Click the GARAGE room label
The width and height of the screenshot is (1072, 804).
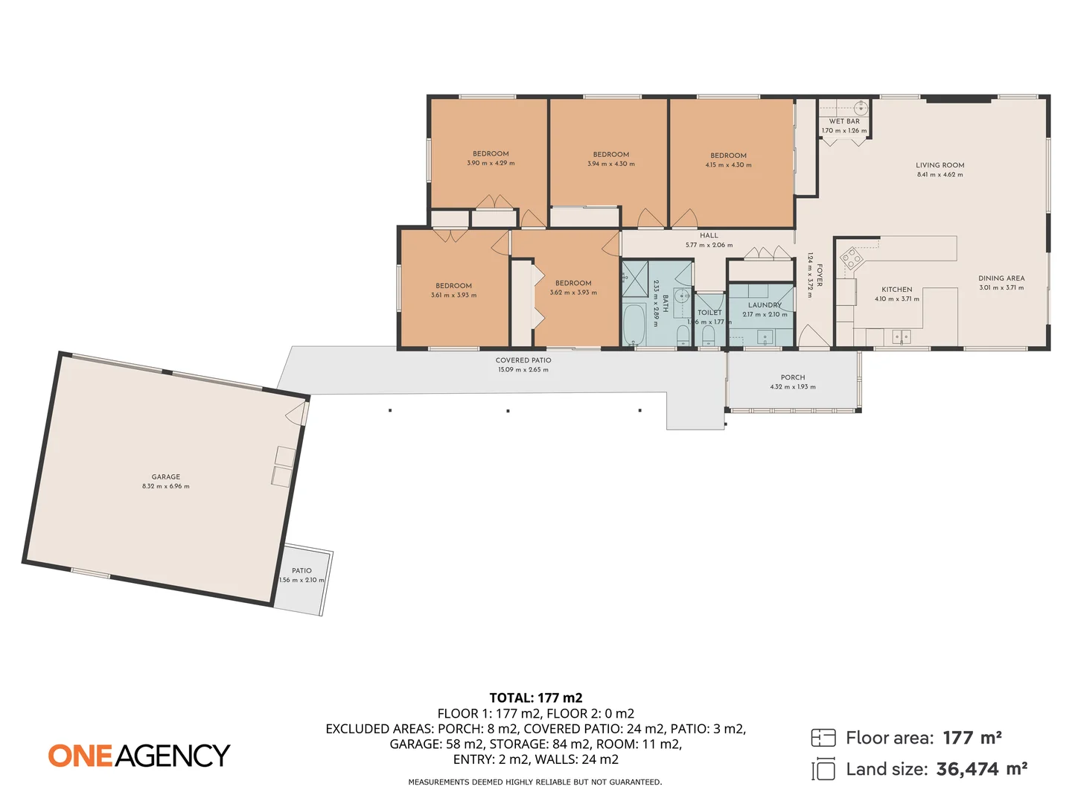pyautogui.click(x=166, y=476)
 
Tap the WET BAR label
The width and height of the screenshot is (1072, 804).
pyautogui.click(x=844, y=121)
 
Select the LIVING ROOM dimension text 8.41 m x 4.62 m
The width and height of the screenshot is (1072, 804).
pyautogui.click(x=939, y=175)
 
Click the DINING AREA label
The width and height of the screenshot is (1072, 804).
pyautogui.click(x=1001, y=278)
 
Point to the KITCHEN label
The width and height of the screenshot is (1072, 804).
pyautogui.click(x=896, y=290)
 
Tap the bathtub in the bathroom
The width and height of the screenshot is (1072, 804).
pyautogui.click(x=634, y=325)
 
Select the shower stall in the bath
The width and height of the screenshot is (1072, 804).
pyautogui.click(x=634, y=278)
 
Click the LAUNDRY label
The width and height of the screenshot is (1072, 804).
pyautogui.click(x=765, y=305)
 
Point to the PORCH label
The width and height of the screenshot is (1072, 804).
pyautogui.click(x=793, y=377)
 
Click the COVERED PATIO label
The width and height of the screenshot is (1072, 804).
pyautogui.click(x=523, y=360)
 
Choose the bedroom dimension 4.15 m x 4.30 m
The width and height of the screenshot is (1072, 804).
pyautogui.click(x=728, y=165)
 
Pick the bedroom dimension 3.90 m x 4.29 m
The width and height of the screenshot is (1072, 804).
pyautogui.click(x=491, y=163)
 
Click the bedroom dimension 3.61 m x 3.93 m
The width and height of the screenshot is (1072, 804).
pyautogui.click(x=453, y=296)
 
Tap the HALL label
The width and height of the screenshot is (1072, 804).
pyautogui.click(x=709, y=235)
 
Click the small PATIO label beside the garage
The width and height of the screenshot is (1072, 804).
pyautogui.click(x=301, y=571)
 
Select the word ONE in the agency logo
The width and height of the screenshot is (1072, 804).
pyautogui.click(x=80, y=756)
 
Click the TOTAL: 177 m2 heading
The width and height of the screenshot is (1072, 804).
pyautogui.click(x=536, y=698)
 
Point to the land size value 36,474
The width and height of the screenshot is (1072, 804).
pyautogui.click(x=967, y=769)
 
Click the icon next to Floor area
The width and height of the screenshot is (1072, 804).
pyautogui.click(x=823, y=738)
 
